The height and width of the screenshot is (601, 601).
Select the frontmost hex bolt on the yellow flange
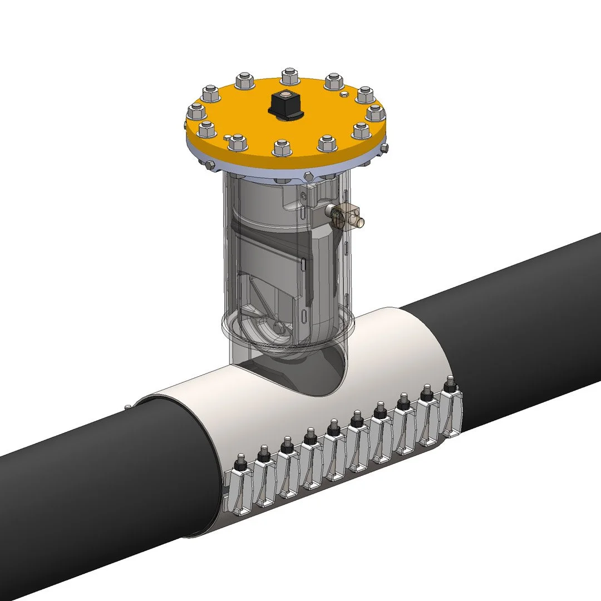pyautogui.click(x=280, y=147)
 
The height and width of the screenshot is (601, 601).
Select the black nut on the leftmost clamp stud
pyautogui.click(x=241, y=461)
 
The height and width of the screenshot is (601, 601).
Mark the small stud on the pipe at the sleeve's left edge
pyautogui.click(x=129, y=406)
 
